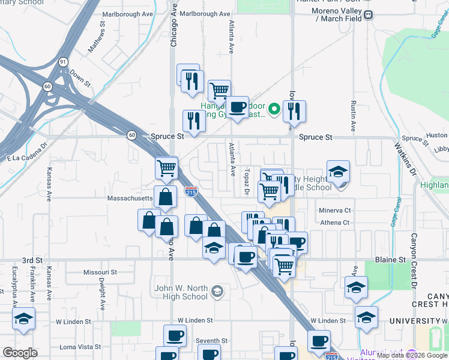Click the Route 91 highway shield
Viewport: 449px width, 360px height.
[62, 61]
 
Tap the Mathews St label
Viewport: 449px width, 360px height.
[97, 38]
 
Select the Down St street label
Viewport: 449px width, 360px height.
[79, 78]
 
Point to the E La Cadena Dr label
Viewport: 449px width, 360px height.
[27, 154]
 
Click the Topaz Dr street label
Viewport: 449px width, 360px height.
[247, 181]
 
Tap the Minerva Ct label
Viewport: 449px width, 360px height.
[335, 211]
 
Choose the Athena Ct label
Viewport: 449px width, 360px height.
[335, 223]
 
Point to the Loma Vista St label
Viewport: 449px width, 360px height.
[80, 347]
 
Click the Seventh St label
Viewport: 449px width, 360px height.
[212, 341]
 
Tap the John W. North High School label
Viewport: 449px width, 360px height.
[181, 292]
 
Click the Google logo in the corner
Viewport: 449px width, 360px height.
[20, 353]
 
